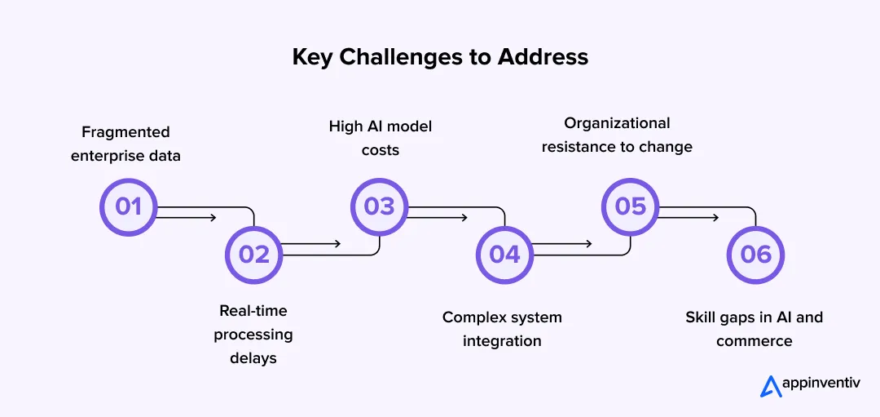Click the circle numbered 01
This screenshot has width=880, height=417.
coord(128,207)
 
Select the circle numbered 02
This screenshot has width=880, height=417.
coord(253,255)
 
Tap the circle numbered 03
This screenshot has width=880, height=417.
coord(379,207)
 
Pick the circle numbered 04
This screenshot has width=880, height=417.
coord(504,255)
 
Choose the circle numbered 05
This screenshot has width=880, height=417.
coord(630,207)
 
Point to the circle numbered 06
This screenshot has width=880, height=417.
coord(755,255)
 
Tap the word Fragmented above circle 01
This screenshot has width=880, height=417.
coord(125,132)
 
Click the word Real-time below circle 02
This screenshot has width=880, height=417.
coord(253,311)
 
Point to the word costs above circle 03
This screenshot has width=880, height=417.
coord(381,150)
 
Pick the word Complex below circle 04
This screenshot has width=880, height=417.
coord(473,317)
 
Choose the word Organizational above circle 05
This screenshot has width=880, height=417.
coord(618,123)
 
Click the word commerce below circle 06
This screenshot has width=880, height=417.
coord(754,340)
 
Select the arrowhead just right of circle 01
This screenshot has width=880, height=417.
coord(213,217)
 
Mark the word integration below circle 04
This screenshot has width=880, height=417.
coord(502,340)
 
